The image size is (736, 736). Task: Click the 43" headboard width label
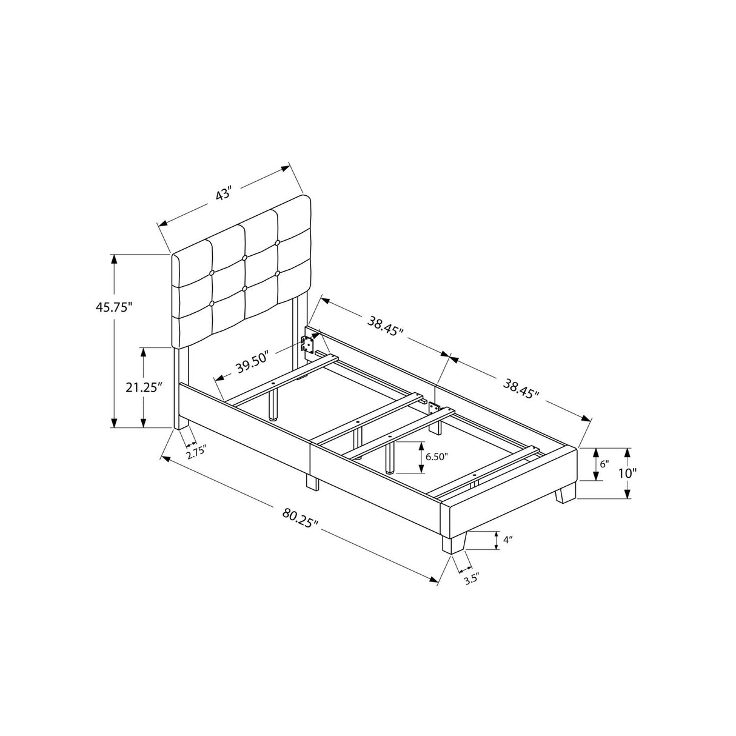click(223, 195)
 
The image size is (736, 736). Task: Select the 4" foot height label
click(498, 538)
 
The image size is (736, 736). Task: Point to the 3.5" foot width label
click(472, 579)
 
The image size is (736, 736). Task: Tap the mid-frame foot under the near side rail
click(312, 482)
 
